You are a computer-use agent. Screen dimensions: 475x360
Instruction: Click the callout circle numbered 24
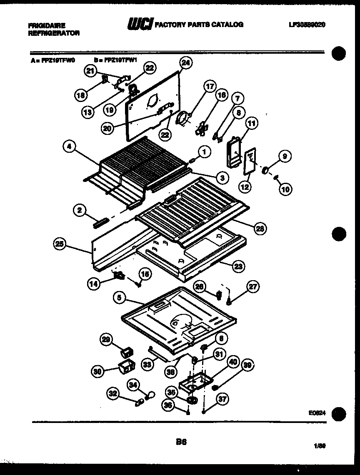click(x=185, y=63)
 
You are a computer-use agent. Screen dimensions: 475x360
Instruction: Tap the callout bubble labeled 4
click(x=70, y=146)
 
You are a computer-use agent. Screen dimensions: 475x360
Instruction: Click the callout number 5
click(x=120, y=298)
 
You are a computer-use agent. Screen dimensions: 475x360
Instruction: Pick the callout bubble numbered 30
click(x=98, y=372)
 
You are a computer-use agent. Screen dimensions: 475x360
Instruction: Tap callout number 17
click(x=210, y=87)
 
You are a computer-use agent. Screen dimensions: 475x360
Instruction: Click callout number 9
click(x=285, y=157)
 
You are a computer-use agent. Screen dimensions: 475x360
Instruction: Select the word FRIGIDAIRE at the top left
click(x=47, y=25)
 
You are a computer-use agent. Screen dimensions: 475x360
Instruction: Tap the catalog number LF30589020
click(x=307, y=25)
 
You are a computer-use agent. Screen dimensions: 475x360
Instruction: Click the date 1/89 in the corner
click(x=320, y=446)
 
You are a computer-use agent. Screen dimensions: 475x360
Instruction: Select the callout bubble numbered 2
click(x=79, y=211)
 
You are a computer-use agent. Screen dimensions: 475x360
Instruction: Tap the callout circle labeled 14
click(x=94, y=284)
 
